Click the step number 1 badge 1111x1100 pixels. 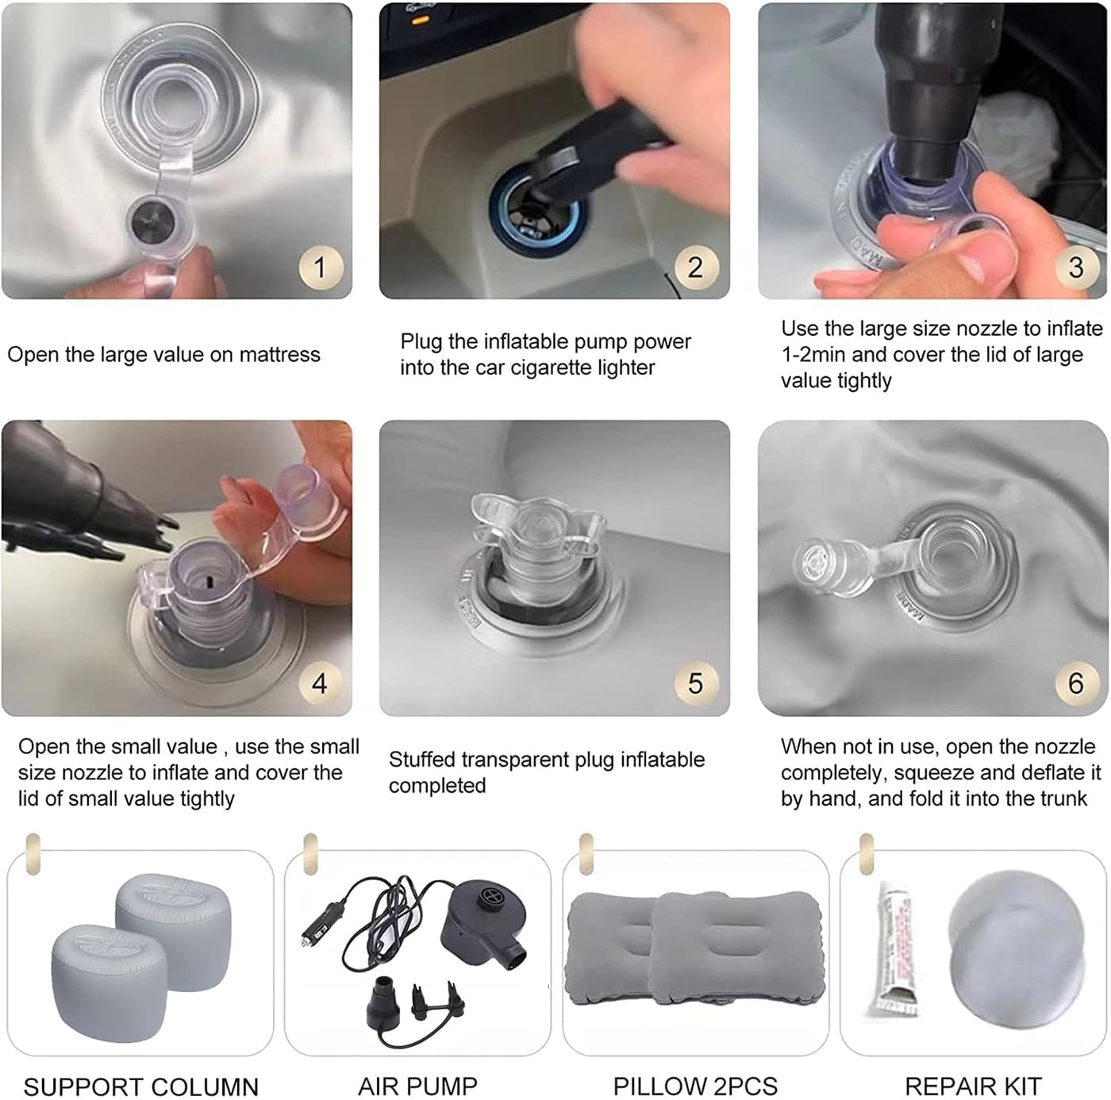click(x=321, y=267)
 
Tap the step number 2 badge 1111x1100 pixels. click(x=697, y=267)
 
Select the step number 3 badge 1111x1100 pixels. click(x=1076, y=267)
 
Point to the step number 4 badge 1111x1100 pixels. click(x=321, y=683)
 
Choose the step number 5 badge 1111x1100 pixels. click(x=697, y=683)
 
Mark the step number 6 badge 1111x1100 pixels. click(x=1076, y=683)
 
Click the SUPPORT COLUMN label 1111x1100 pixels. click(x=141, y=1087)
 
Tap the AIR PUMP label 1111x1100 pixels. click(x=417, y=1087)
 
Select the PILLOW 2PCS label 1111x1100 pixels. click(x=695, y=1087)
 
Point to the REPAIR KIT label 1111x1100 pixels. click(x=973, y=1087)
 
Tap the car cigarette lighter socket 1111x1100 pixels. click(x=538, y=210)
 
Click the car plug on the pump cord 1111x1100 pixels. click(x=324, y=922)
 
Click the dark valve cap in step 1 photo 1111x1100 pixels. click(x=152, y=220)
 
